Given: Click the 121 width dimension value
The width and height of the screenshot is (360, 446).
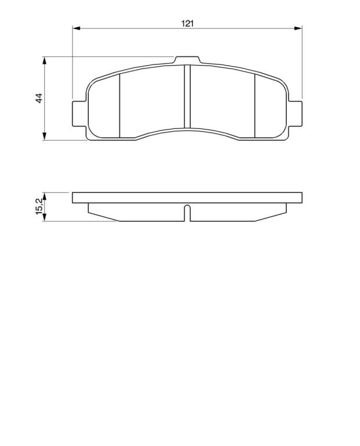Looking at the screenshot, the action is click(188, 23).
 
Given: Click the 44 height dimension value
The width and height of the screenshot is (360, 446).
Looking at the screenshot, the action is click(39, 98).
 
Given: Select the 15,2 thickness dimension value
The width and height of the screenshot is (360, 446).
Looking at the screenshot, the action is click(39, 206).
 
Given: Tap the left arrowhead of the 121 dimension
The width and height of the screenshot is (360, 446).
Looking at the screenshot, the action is click(77, 28).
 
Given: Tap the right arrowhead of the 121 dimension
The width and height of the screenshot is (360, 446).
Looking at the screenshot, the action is click(298, 28).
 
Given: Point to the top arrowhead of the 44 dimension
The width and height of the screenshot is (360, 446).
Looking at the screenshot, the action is click(44, 60).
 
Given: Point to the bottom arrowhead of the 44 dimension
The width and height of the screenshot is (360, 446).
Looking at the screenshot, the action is click(44, 136).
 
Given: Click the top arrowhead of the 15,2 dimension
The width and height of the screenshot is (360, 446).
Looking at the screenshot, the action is click(44, 196).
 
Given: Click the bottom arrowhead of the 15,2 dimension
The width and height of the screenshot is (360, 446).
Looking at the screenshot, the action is click(44, 217).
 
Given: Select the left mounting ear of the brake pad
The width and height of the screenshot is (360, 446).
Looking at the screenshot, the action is click(79, 113).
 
